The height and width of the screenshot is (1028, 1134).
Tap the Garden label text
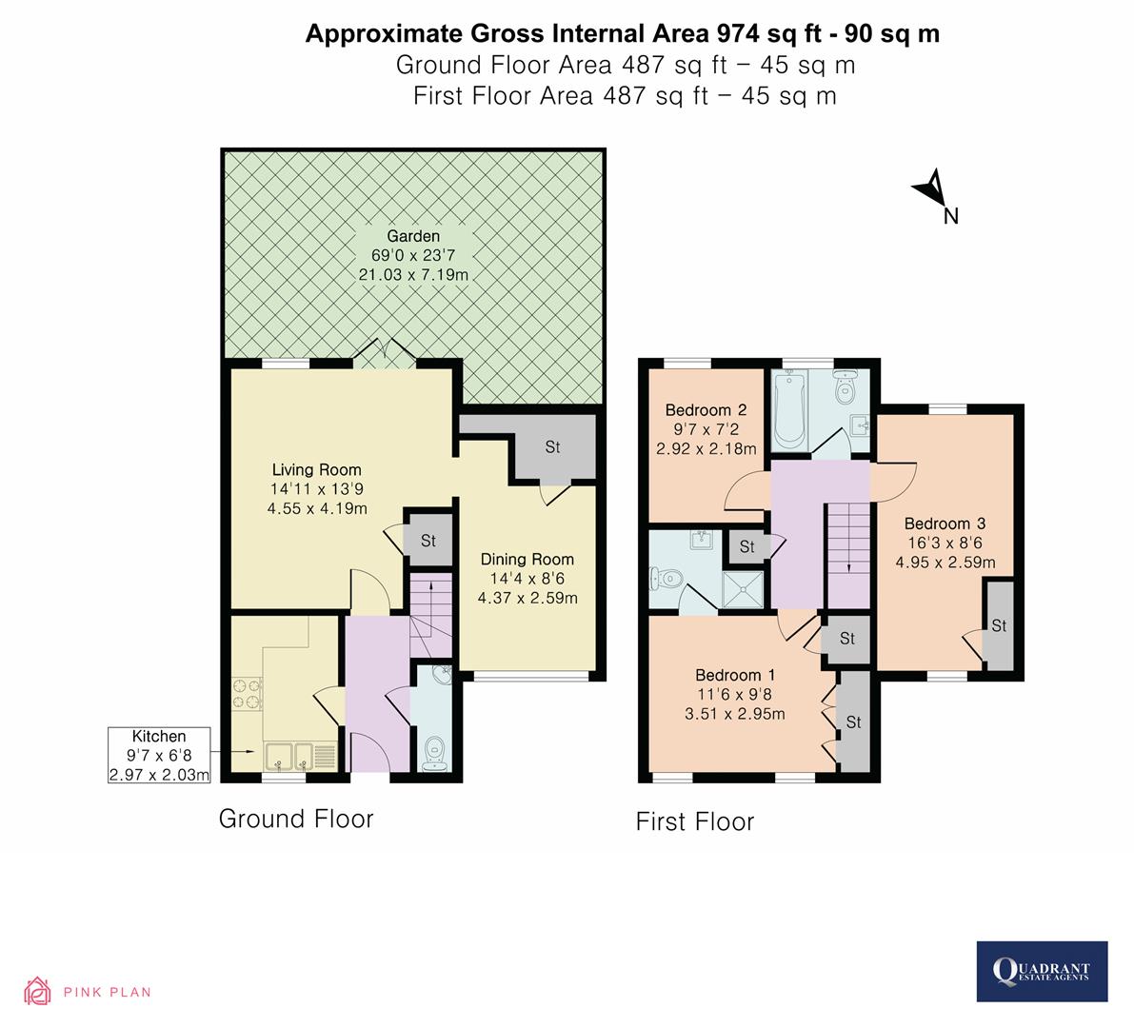tap(413, 236)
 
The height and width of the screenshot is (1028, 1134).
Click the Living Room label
tap(317, 469)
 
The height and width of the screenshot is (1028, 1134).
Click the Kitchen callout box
tap(159, 756)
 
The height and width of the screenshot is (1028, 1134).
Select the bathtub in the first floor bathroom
tap(790, 412)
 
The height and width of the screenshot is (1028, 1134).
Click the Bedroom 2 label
tap(698, 410)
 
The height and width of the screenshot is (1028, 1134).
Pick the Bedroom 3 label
tap(945, 524)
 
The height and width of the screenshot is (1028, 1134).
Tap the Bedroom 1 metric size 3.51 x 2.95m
tap(740, 714)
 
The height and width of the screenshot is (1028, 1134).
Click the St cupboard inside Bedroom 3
tap(999, 625)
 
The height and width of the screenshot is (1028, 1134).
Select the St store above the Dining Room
tap(553, 446)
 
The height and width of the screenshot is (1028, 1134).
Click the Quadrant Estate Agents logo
tap(1043, 971)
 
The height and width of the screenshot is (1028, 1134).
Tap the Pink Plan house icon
tap(38, 992)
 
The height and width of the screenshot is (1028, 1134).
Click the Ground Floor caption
tap(296, 819)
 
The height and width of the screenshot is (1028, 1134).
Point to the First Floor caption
tap(695, 821)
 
